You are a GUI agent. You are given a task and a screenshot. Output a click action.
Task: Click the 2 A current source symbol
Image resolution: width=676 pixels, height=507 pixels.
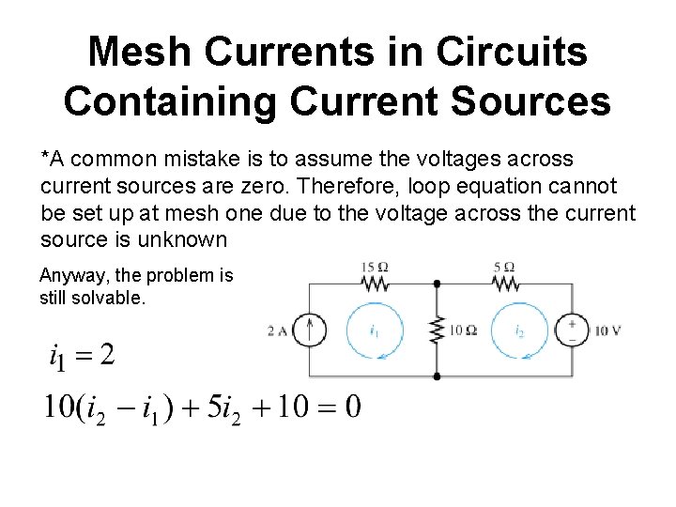[x=312, y=330]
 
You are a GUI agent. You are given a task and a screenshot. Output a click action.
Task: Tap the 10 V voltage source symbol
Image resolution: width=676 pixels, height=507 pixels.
[x=572, y=330]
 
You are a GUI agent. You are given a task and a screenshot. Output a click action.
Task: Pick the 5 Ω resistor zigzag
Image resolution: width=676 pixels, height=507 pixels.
[x=503, y=283]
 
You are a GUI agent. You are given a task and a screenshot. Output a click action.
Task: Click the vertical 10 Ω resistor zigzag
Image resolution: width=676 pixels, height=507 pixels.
[x=437, y=330]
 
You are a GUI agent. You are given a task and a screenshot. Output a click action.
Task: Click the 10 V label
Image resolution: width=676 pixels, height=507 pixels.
[x=607, y=330]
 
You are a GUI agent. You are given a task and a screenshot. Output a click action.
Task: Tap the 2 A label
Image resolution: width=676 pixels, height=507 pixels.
[x=278, y=330]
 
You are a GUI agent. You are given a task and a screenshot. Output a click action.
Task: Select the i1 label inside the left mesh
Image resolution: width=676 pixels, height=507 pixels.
[x=375, y=331]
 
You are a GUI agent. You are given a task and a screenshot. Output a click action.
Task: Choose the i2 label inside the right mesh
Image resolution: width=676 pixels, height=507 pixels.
[x=520, y=331]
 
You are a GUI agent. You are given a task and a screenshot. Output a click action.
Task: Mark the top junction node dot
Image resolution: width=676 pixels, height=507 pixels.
[x=437, y=283]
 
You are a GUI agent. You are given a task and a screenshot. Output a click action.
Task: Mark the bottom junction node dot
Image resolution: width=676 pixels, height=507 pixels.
[x=437, y=376]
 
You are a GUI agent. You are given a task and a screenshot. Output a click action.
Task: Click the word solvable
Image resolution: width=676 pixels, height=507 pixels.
[x=115, y=300]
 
